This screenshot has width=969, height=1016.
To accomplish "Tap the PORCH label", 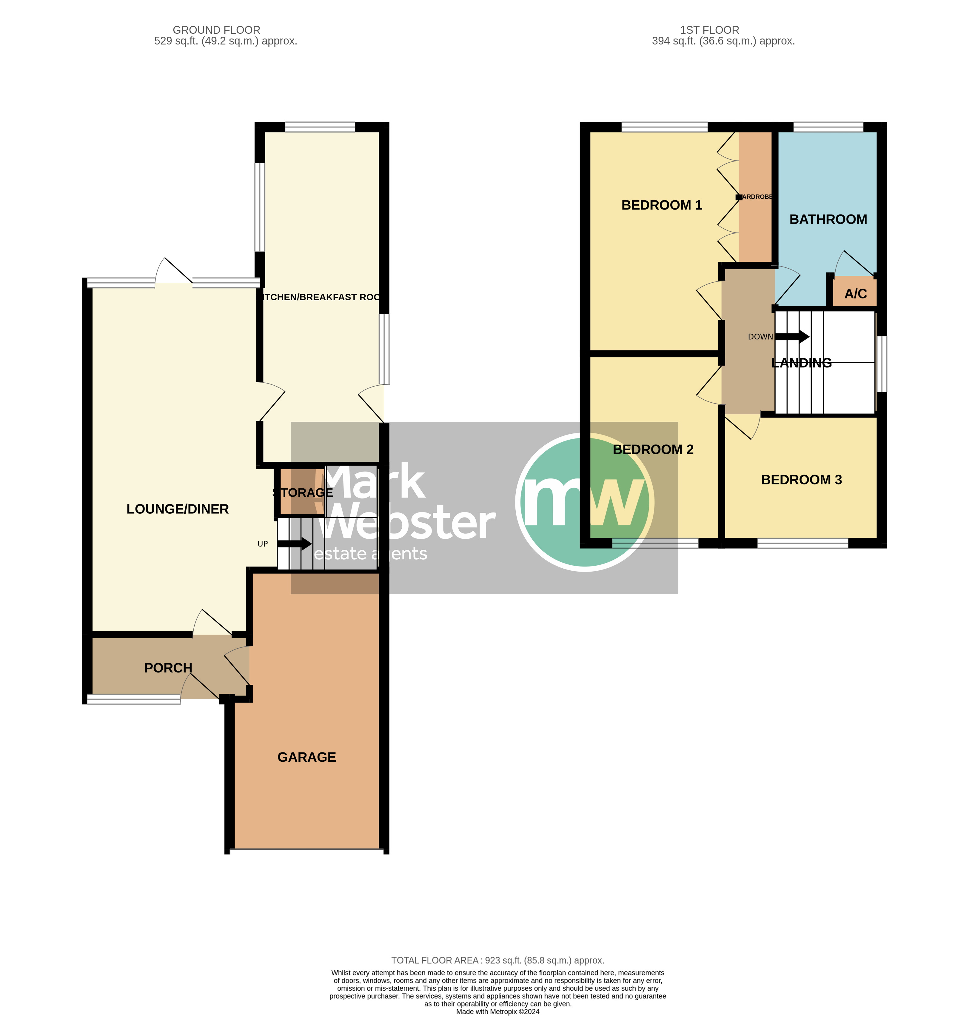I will click(168, 668).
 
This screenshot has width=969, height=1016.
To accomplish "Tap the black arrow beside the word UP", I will click(295, 544).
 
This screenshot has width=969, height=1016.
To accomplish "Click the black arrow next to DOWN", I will click(792, 337).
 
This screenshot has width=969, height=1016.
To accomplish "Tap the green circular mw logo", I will click(584, 502).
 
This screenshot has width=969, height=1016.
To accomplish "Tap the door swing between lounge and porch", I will click(212, 622).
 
